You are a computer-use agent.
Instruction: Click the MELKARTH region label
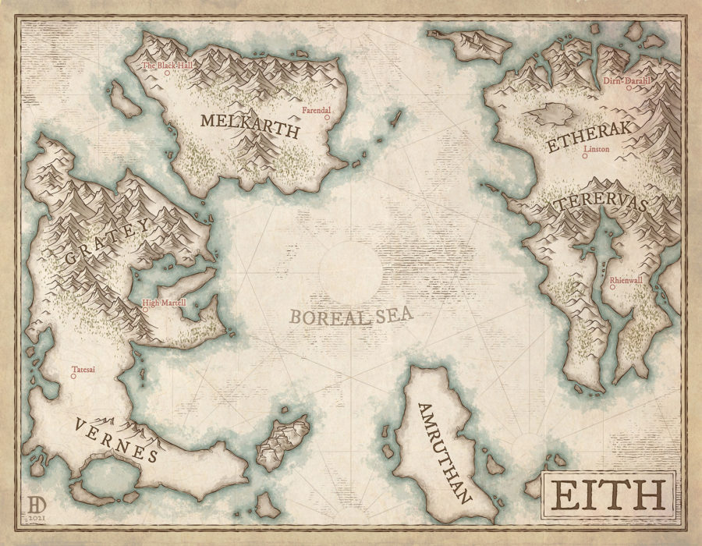(250, 126)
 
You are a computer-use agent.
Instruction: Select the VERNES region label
(117, 441)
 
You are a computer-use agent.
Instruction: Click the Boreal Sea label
(350, 316)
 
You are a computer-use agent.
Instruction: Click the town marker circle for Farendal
(328, 118)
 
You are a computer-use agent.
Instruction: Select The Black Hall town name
(166, 66)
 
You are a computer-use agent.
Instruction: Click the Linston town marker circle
(586, 156)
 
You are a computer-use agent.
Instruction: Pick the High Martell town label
(163, 302)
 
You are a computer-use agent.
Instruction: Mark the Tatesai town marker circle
(73, 377)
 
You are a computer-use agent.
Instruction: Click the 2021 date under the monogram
(36, 516)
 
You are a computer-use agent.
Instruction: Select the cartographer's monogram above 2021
(36, 502)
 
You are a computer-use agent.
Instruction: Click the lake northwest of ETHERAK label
(555, 115)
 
